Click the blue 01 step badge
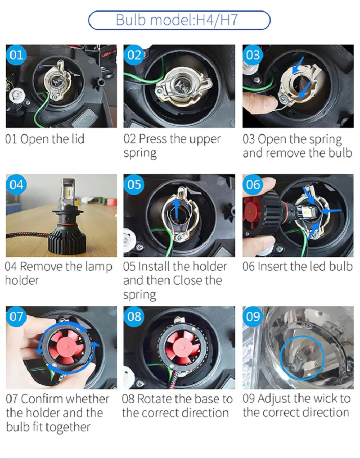pos(16,55)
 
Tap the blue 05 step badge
pos(134,184)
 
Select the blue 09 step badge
pos(253,317)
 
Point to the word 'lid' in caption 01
pos(78,139)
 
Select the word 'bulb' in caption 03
pos(340,153)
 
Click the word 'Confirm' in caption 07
pos(44,399)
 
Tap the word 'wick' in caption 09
pos(323,398)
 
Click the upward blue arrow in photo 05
pos(176,209)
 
